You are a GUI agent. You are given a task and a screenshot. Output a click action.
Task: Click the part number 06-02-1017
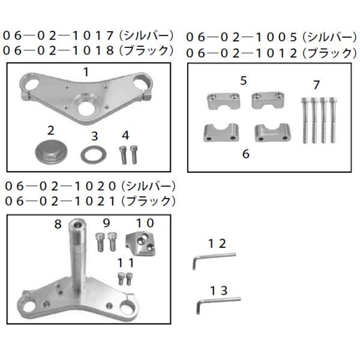pyautogui.click(x=58, y=36)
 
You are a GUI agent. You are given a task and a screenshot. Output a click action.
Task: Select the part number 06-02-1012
pyautogui.click(x=242, y=53)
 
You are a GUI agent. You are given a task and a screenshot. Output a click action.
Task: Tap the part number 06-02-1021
pyautogui.click(x=60, y=202)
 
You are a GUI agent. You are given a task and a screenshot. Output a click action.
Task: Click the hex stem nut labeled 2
pyautogui.click(x=50, y=151)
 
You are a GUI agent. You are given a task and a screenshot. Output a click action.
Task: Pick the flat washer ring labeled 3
pyautogui.click(x=93, y=154)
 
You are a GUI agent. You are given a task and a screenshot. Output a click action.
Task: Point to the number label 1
pyautogui.click(x=86, y=72)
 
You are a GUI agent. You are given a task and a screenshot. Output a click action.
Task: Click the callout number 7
pyautogui.click(x=316, y=85)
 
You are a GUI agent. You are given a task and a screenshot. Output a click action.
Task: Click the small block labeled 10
pyautogui.click(x=140, y=244)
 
